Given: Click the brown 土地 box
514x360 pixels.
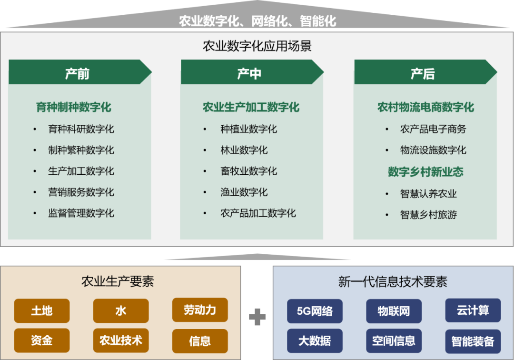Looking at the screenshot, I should pyautogui.click(x=42, y=311).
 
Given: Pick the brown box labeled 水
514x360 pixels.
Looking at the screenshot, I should pyautogui.click(x=121, y=311).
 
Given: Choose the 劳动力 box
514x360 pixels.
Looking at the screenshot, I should pyautogui.click(x=200, y=310).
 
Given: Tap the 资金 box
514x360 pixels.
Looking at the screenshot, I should pyautogui.click(x=42, y=340).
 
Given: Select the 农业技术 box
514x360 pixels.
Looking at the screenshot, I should pyautogui.click(x=121, y=340).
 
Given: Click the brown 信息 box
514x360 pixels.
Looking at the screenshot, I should pyautogui.click(x=200, y=341).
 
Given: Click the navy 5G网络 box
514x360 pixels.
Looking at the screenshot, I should pyautogui.click(x=315, y=311).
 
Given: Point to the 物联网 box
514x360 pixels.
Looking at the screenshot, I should pyautogui.click(x=394, y=311).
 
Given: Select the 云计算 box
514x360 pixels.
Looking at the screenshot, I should pyautogui.click(x=473, y=310).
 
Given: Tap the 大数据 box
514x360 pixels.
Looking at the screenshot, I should pyautogui.click(x=315, y=340).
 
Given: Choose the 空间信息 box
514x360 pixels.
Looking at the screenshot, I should pyautogui.click(x=394, y=340).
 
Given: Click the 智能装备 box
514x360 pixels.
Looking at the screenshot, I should pyautogui.click(x=473, y=341).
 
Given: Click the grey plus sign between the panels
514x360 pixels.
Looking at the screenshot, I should pyautogui.click(x=257, y=317).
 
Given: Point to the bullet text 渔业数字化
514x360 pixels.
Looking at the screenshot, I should pyautogui.click(x=244, y=192).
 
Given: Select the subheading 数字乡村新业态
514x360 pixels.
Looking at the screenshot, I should pyautogui.click(x=425, y=172).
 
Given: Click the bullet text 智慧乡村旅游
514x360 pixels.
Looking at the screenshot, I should pyautogui.click(x=428, y=214).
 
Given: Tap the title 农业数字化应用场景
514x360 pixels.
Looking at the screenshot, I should pyautogui.click(x=257, y=46).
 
